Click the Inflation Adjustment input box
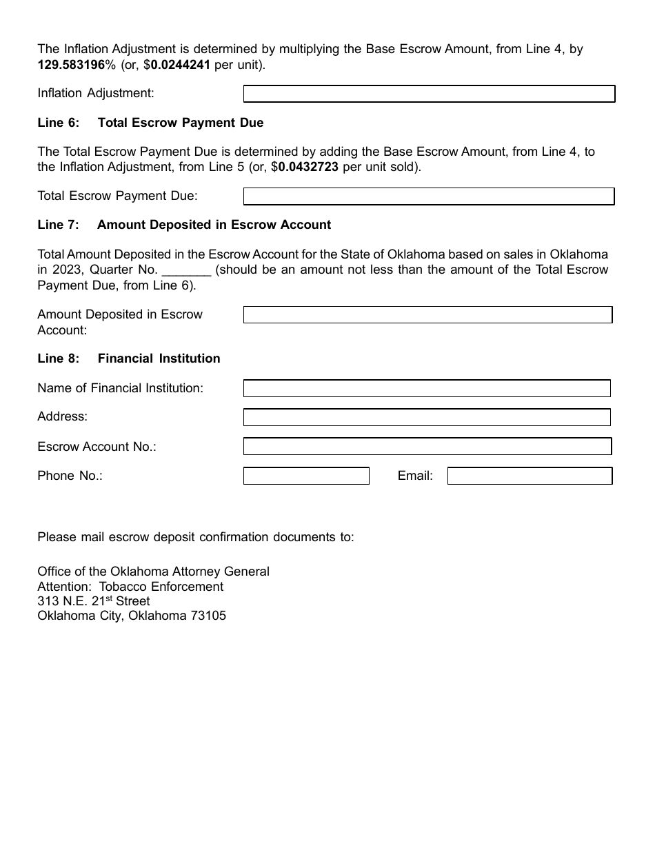[x=429, y=94]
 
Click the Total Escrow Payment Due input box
[x=429, y=196]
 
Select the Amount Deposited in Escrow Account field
[x=427, y=315]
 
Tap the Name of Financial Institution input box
[x=427, y=388]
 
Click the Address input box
[x=427, y=417]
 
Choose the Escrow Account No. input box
[x=427, y=447]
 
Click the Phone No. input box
[x=306, y=476]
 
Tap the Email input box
[x=530, y=476]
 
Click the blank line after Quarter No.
[x=186, y=270]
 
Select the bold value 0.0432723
[x=308, y=167]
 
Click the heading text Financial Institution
[x=159, y=359]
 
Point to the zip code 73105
[x=208, y=616]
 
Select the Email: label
[x=415, y=476]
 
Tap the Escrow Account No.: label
[x=97, y=447]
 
